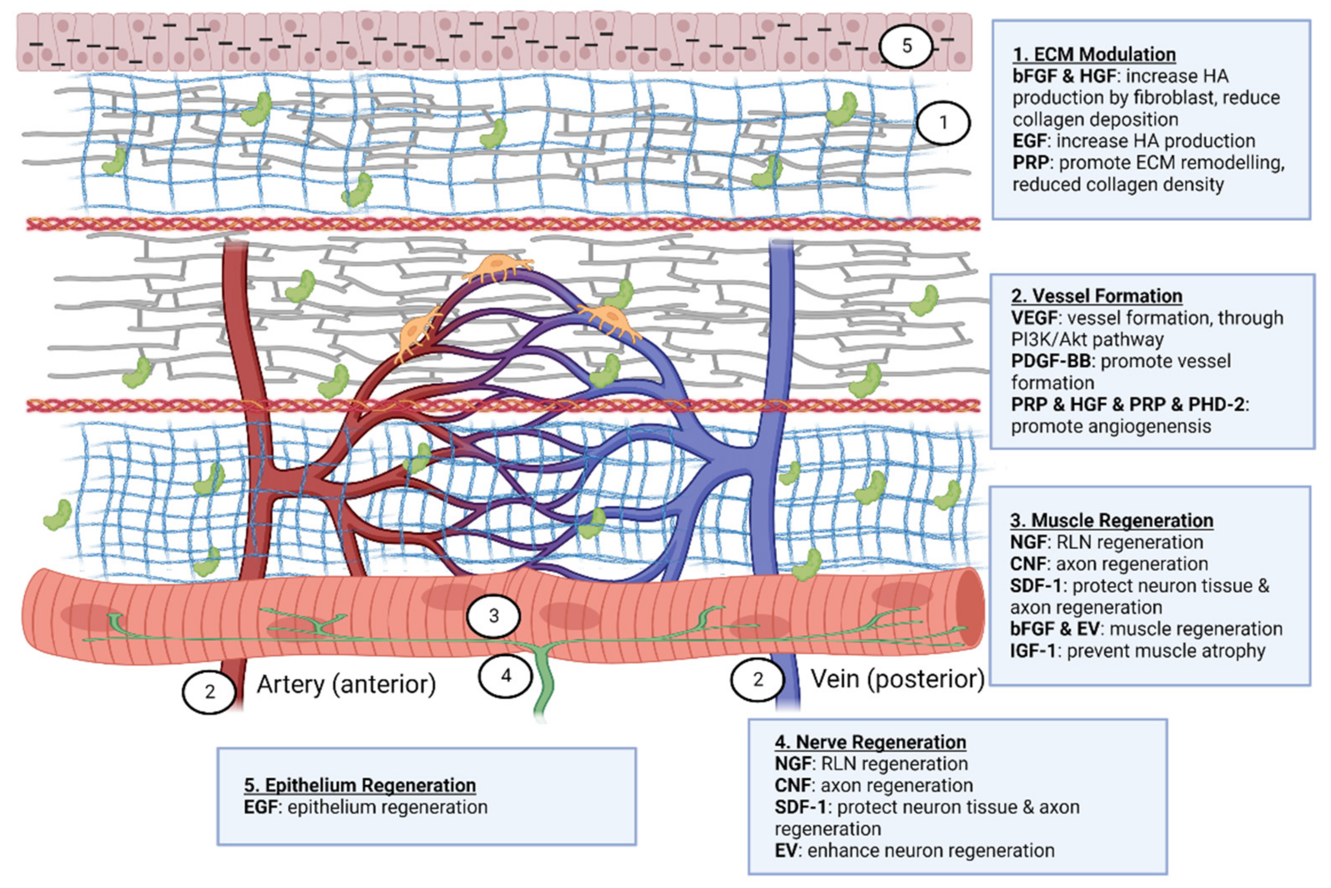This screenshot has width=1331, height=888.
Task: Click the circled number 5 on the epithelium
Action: coord(906,46)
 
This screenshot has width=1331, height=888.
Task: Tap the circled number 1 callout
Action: coord(943,122)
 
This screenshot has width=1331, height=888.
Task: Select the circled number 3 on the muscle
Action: coord(493,615)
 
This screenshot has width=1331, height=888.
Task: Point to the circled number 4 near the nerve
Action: coord(505,675)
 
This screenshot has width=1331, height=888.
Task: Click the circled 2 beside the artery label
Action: coord(209,691)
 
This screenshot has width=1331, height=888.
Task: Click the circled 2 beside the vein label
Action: coord(757,679)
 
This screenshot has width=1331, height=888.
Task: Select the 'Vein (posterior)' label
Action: coord(897,679)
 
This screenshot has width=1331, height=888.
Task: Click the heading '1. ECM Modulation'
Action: coord(1094,54)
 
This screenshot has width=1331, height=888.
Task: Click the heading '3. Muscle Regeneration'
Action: coord(1111,520)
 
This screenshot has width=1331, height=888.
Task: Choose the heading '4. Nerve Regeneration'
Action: coord(870,742)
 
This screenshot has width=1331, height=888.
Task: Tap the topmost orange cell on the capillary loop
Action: coord(497,268)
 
